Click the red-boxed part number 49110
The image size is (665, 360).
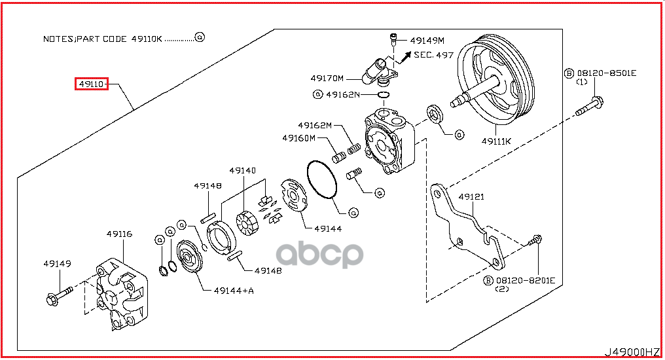click(91, 84)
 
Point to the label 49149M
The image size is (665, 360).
click(426, 40)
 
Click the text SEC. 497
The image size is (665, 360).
click(434, 55)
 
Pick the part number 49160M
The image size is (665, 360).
click(299, 138)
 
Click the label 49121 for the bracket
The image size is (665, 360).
click(471, 196)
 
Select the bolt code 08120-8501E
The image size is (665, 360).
click(605, 73)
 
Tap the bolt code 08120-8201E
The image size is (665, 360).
click(524, 280)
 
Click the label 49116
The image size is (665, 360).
click(120, 233)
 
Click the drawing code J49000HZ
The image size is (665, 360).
click(633, 351)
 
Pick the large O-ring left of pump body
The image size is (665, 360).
click(322, 178)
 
